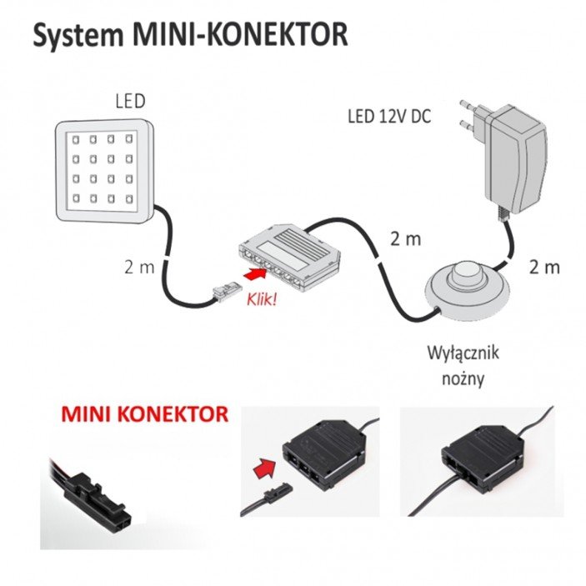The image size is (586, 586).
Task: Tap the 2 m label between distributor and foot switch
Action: [406, 240]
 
